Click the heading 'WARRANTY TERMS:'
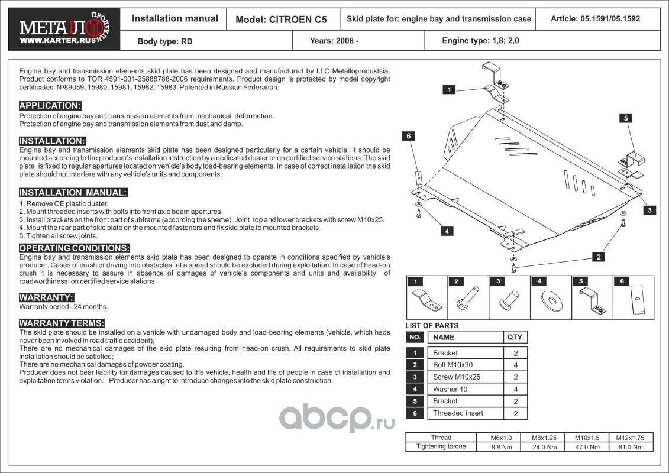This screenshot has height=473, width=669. click(x=62, y=323)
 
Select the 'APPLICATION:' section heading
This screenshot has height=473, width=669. click(x=50, y=106)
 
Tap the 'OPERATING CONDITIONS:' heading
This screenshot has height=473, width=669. click(x=75, y=248)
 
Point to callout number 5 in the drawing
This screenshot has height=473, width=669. click(x=626, y=118)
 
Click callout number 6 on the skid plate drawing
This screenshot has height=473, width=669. click(x=408, y=136)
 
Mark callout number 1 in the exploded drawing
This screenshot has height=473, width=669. click(x=450, y=90)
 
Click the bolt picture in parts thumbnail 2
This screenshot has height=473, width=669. click(x=468, y=299)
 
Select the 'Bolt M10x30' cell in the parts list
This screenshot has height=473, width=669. click(x=453, y=365)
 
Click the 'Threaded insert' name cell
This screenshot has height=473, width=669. click(x=458, y=413)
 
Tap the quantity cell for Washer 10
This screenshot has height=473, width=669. click(x=516, y=390)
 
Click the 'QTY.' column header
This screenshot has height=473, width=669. click(x=515, y=337)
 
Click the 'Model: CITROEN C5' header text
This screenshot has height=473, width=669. click(x=281, y=19)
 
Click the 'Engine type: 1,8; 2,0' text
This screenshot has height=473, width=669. click(x=481, y=41)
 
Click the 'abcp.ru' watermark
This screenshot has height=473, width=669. click(x=337, y=419)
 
